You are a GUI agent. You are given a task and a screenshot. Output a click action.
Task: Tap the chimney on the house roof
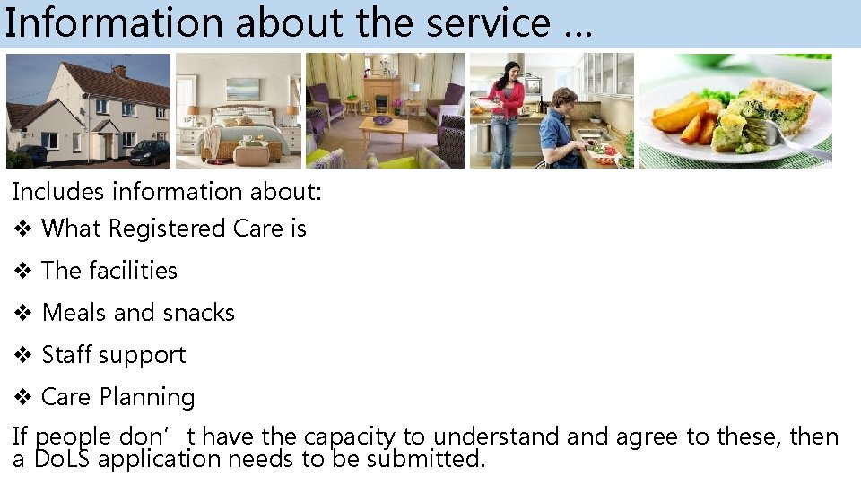[x=119, y=69]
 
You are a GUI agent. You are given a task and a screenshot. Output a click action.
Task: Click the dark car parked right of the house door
[x=149, y=152]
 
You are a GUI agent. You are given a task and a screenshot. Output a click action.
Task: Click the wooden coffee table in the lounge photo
[x=384, y=130]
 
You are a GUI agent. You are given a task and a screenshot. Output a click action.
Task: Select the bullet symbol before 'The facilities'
[x=23, y=271]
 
